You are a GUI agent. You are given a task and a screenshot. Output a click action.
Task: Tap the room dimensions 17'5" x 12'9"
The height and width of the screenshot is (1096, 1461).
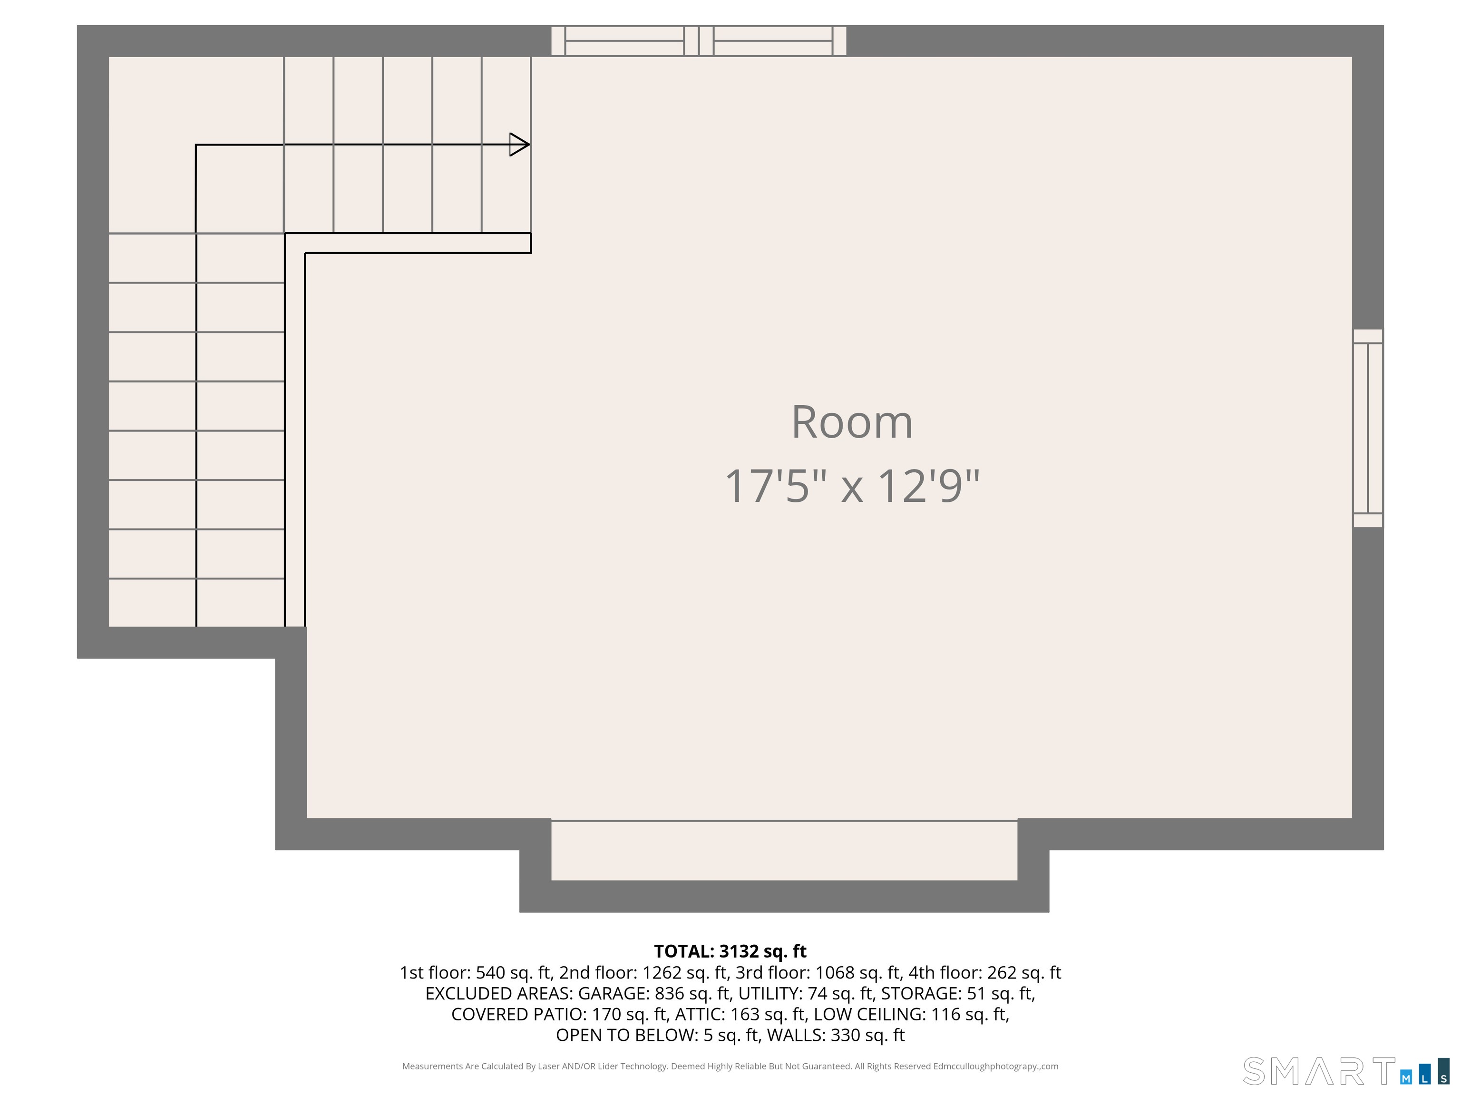pos(852,486)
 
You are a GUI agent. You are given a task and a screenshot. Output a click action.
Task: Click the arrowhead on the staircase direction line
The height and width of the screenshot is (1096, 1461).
pos(519,145)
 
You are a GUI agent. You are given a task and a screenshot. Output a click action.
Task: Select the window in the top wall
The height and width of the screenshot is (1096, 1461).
pos(699,41)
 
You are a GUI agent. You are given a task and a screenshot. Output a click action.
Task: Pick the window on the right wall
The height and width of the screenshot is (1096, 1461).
pos(1368,428)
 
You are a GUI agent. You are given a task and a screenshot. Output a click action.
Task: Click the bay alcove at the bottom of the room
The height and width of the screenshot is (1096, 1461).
pos(784,850)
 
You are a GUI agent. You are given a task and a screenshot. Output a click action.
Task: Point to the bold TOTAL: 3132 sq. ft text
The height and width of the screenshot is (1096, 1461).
pos(730,951)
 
